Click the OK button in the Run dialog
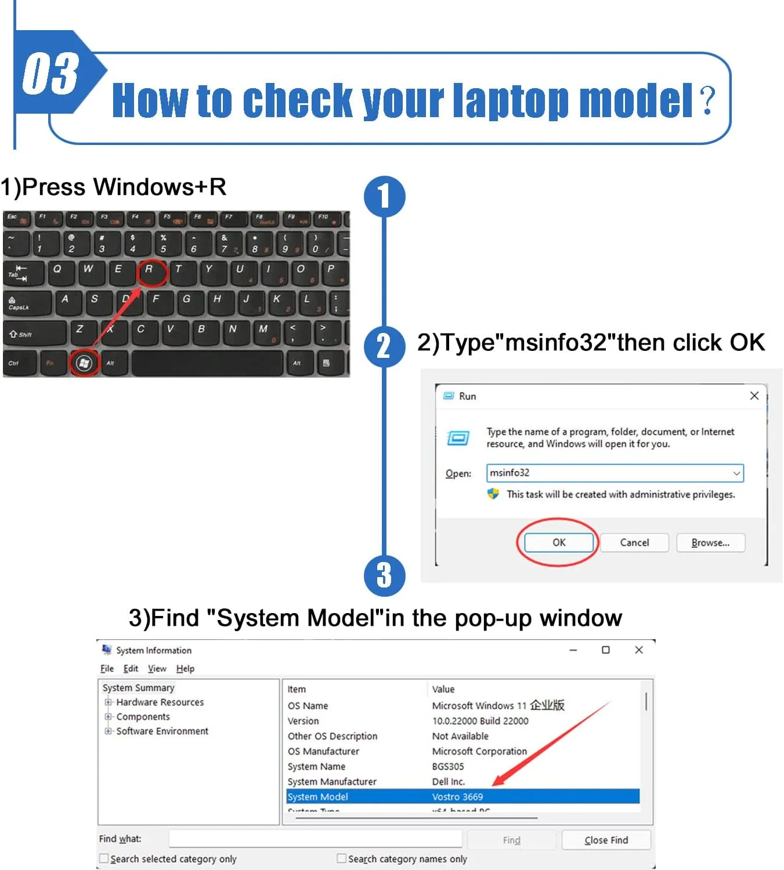[558, 542]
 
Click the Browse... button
[710, 542]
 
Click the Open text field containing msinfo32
[609, 473]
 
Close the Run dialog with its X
[754, 396]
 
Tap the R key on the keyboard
[150, 270]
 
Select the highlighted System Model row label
[318, 796]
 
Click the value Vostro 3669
[457, 796]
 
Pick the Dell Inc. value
[448, 781]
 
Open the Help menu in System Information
[185, 668]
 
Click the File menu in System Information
[107, 668]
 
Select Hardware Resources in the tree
[160, 702]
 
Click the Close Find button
[606, 840]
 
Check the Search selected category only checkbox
[104, 858]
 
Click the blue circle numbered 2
[384, 346]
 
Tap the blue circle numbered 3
[384, 575]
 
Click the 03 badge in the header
[51, 72]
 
